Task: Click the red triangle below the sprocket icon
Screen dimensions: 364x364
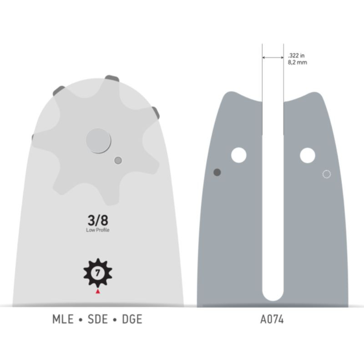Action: click(98, 291)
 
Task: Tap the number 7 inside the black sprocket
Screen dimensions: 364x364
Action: click(97, 273)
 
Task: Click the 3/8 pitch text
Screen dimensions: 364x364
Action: click(98, 220)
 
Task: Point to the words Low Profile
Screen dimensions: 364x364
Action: click(97, 230)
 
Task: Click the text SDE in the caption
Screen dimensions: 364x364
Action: click(98, 319)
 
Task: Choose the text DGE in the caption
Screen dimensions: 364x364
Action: click(132, 319)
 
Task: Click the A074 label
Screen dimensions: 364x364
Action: click(272, 319)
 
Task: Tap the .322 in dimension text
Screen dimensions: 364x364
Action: click(296, 56)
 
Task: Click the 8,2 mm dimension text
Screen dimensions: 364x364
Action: click(298, 62)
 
